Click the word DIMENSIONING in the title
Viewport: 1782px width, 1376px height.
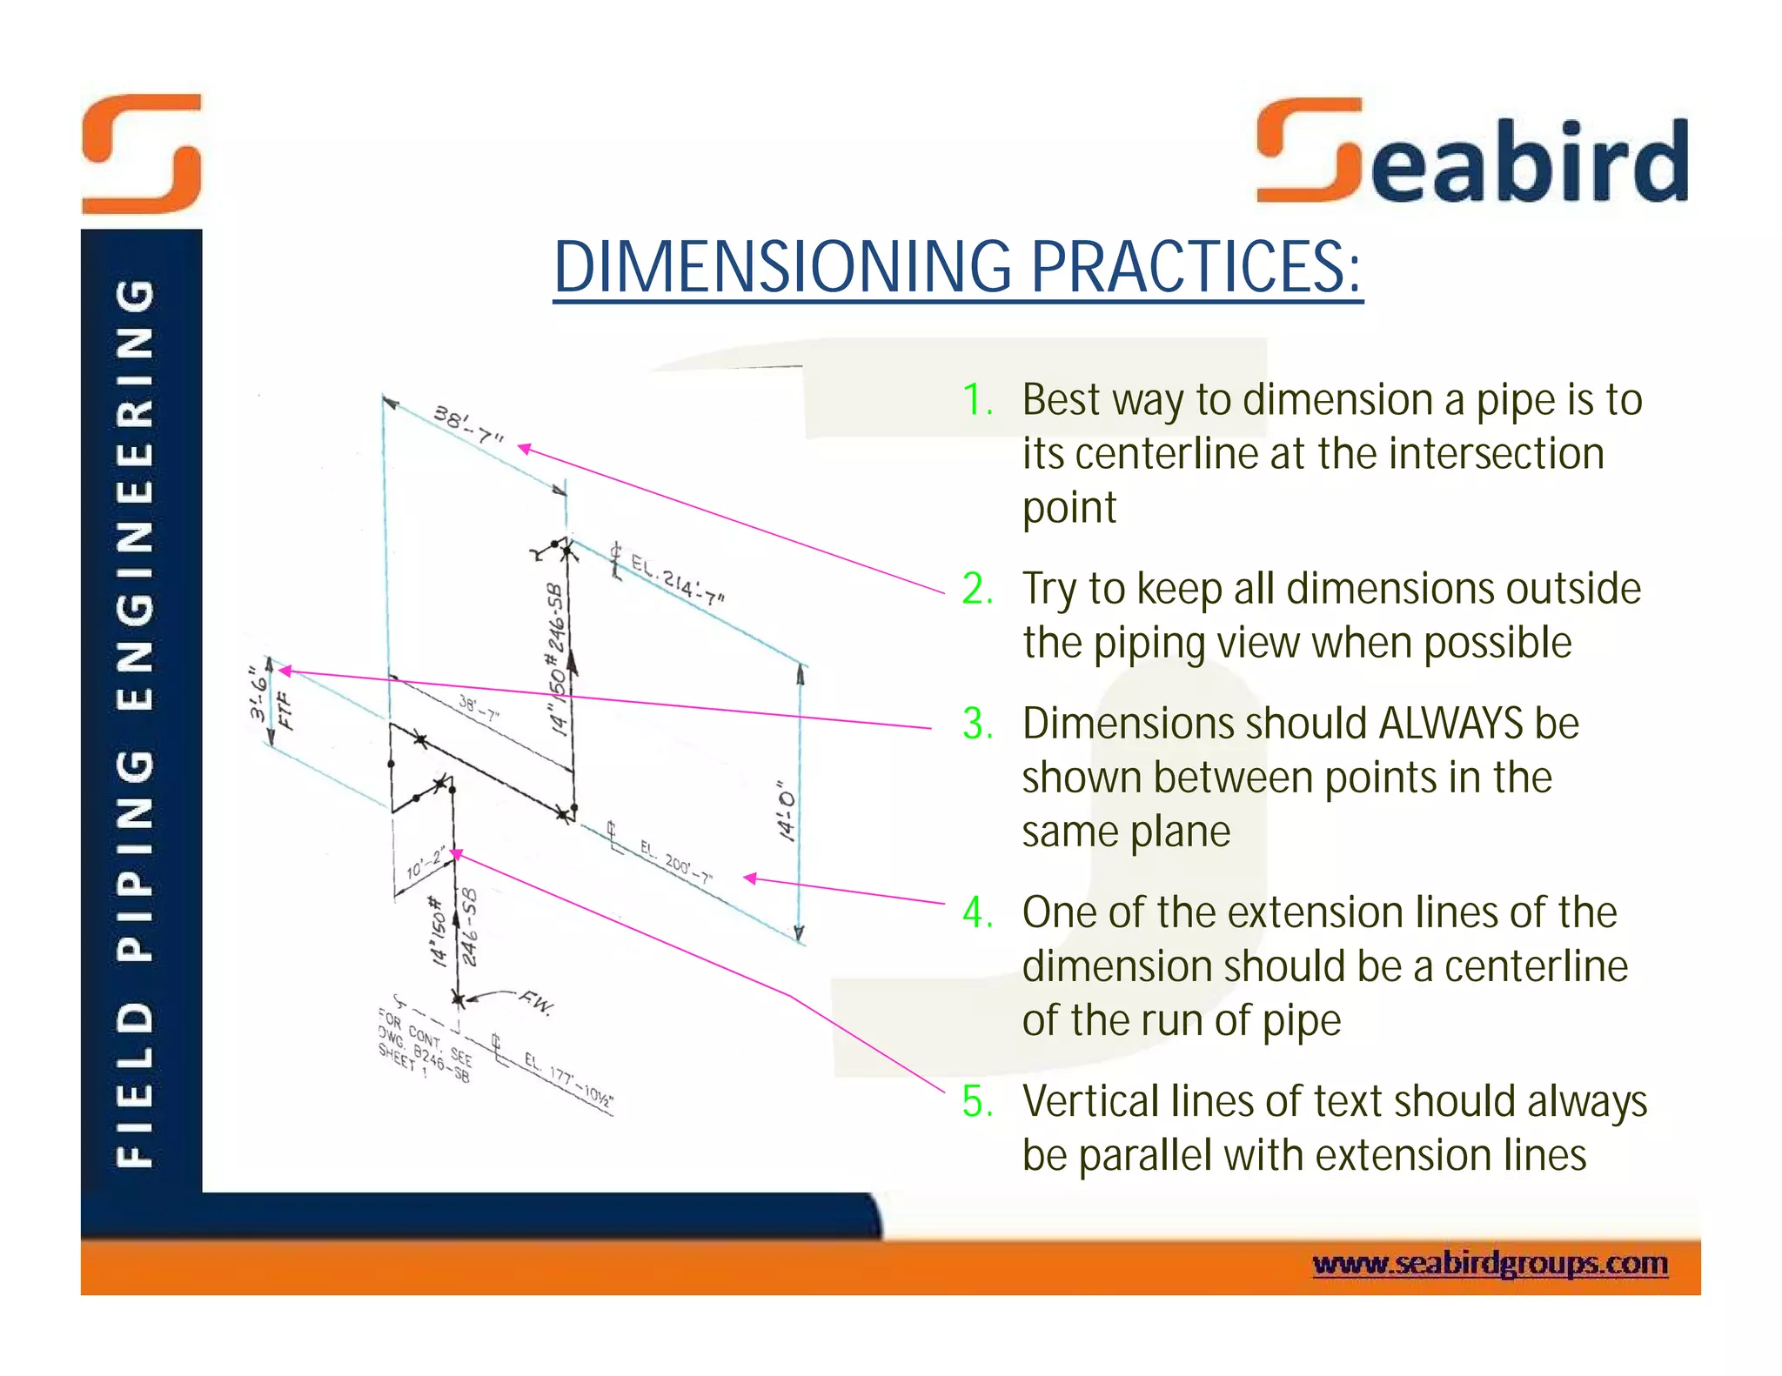[782, 267]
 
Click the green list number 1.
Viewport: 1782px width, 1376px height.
[977, 401]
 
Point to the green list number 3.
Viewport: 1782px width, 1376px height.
[977, 725]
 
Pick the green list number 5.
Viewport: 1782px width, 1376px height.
[977, 1102]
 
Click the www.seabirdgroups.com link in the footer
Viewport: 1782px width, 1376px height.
[1490, 1263]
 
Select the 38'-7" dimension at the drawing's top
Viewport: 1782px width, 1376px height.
[469, 424]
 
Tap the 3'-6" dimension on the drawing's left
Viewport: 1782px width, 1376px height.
[258, 694]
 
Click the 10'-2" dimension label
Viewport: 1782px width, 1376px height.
[426, 864]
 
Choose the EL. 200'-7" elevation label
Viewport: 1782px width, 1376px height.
[676, 862]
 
